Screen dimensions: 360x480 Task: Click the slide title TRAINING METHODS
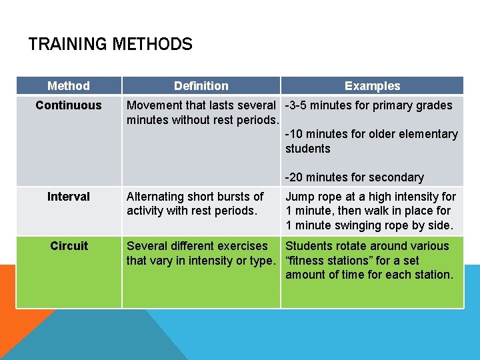110,45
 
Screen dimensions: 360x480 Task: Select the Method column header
69,86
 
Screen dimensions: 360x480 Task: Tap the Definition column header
201,86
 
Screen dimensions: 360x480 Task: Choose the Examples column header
372,86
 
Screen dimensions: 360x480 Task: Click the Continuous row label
69,105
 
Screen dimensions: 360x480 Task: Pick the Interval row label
69,197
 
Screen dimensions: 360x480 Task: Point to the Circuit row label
69,246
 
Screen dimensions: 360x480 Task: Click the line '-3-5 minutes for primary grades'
369,105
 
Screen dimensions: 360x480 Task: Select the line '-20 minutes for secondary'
355,177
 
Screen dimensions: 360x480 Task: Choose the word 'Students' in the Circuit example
310,246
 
